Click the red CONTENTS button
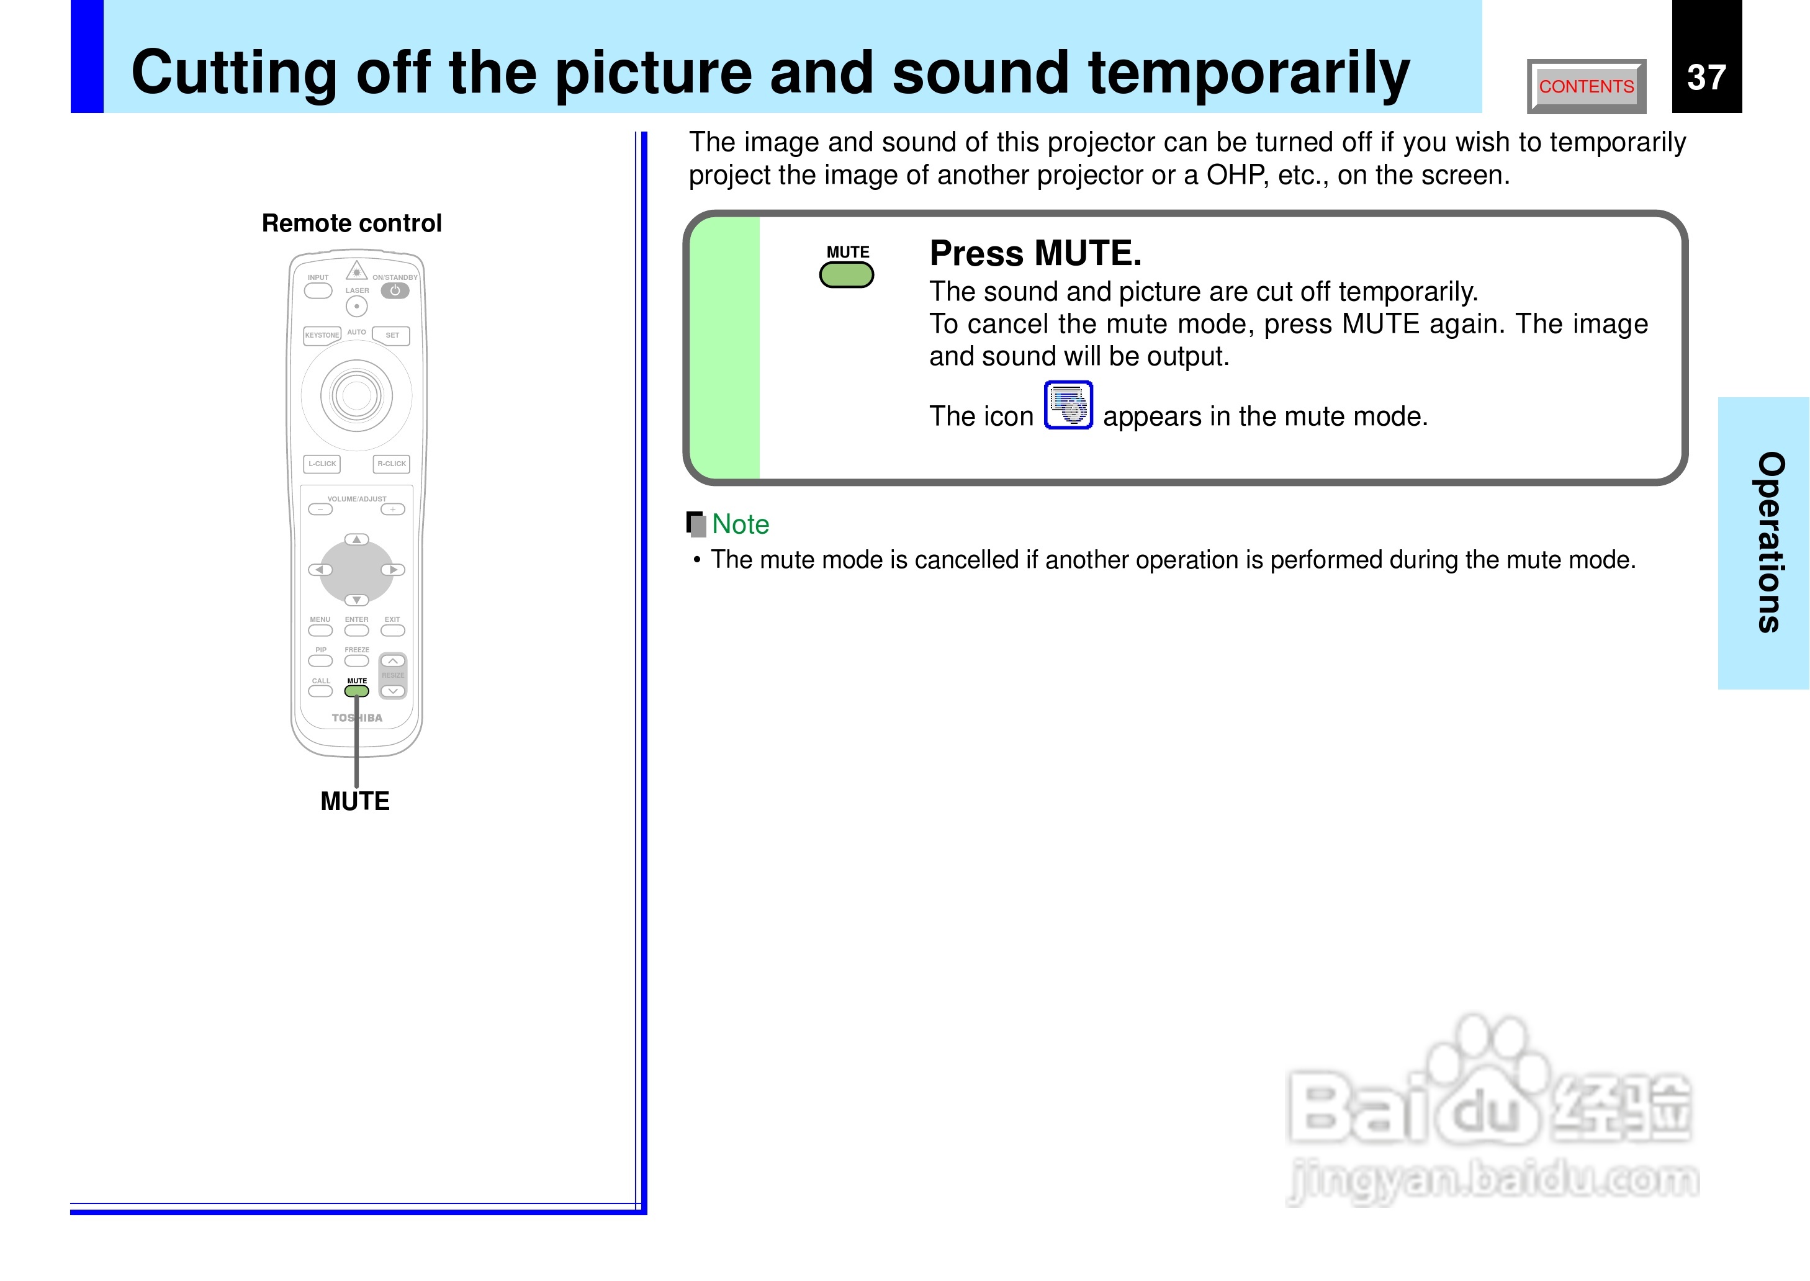(1586, 86)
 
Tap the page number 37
(1706, 78)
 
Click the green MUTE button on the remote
(356, 691)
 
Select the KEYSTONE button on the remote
(322, 335)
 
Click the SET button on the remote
(391, 335)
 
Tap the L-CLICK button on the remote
(322, 464)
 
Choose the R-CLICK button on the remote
(391, 464)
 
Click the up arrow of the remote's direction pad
(356, 539)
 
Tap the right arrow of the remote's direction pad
(393, 570)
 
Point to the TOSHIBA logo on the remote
(356, 718)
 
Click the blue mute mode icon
(1068, 405)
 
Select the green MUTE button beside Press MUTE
(846, 276)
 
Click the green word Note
(740, 524)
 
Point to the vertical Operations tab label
(1770, 542)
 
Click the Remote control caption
(352, 223)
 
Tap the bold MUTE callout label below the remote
(355, 801)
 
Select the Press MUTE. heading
(1035, 253)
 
